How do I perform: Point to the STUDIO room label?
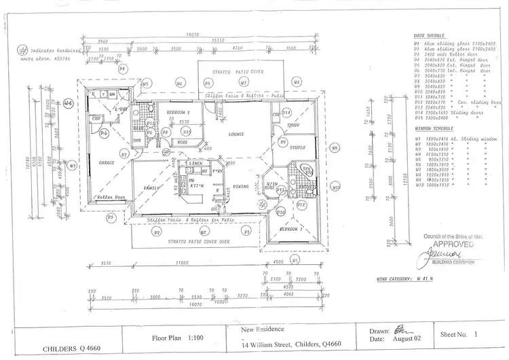click(297, 147)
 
